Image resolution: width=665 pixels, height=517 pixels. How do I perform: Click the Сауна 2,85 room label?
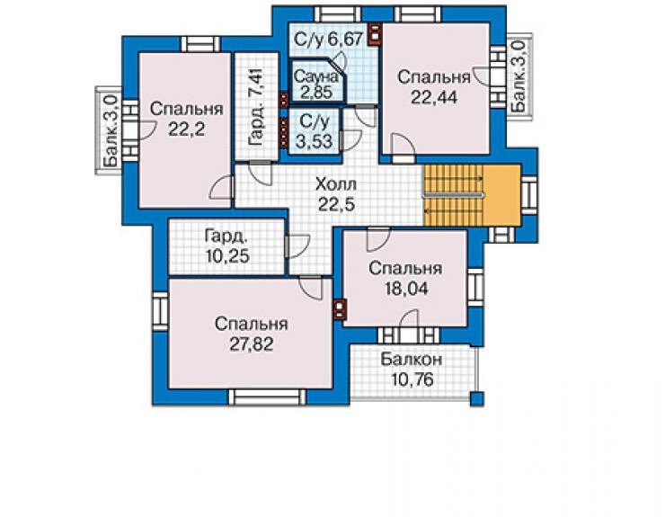(316, 84)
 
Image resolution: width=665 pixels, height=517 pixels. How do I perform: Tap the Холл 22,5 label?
(336, 195)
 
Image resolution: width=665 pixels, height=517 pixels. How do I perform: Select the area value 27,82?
(252, 344)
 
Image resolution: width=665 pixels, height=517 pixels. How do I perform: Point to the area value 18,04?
(406, 289)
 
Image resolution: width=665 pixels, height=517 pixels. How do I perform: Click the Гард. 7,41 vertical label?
(257, 106)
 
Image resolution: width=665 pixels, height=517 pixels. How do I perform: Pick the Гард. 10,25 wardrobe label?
(227, 246)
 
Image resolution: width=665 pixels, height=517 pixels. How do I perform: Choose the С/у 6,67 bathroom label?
(329, 40)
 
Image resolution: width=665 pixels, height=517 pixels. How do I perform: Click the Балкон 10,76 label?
(412, 370)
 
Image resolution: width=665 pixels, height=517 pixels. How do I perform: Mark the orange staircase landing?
(501, 195)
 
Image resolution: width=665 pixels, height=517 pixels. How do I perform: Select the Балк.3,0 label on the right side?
(518, 76)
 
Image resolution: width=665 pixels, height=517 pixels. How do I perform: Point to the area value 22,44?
(434, 98)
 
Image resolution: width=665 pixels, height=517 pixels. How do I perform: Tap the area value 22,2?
(187, 129)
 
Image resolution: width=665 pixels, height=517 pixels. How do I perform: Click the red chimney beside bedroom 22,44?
(375, 34)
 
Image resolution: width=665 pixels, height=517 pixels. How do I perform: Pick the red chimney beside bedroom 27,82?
(340, 310)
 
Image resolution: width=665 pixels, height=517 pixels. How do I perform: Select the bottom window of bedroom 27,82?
(267, 397)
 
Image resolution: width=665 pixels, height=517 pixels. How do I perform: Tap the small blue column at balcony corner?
(477, 399)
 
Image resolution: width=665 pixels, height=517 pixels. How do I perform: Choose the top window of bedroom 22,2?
(201, 44)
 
